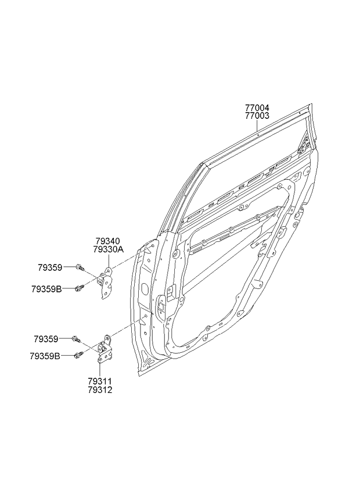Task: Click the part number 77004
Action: [257, 108]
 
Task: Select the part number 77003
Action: [257, 116]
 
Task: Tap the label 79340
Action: [108, 241]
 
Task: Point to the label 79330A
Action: [109, 249]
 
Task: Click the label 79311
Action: [100, 382]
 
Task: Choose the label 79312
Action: [100, 390]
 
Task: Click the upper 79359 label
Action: [50, 267]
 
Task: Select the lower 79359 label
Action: [46, 339]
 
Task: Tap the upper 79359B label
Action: [46, 289]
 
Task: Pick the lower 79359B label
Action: [45, 356]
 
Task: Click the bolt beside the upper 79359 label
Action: [80, 267]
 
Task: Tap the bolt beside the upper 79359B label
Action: [79, 288]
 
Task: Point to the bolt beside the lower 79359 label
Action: [76, 339]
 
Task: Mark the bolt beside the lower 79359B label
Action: [78, 355]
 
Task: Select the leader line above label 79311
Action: [100, 370]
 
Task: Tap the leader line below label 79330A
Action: [109, 260]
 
